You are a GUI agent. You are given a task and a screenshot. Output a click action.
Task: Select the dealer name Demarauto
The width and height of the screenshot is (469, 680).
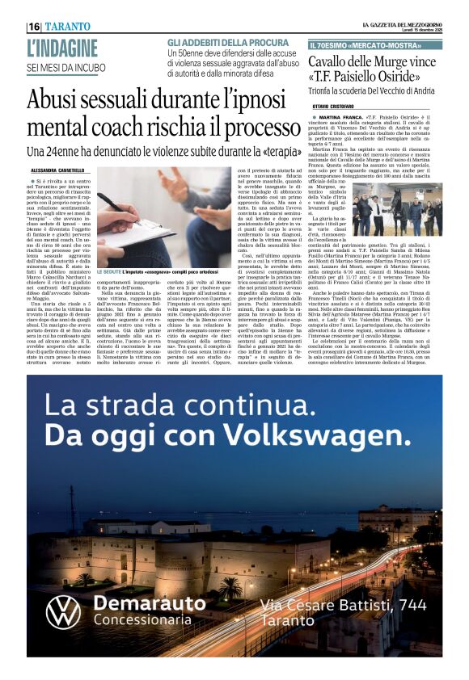150,602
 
